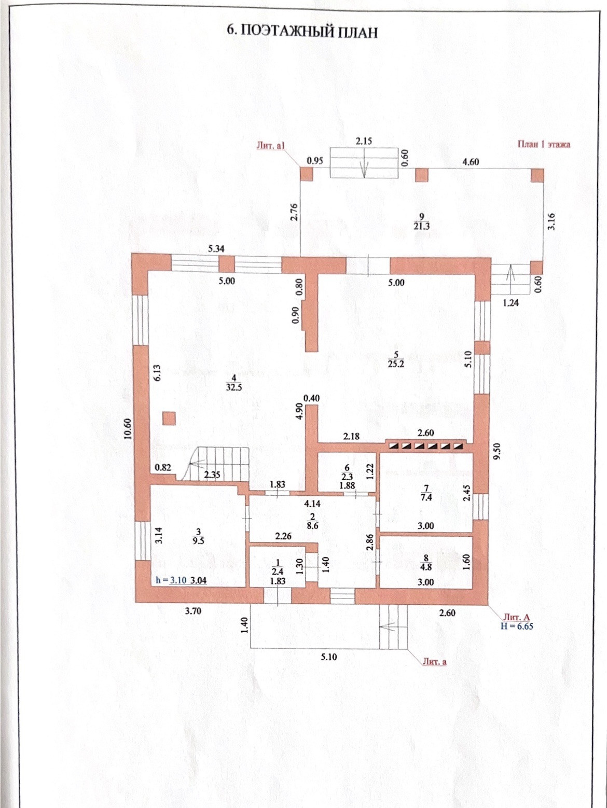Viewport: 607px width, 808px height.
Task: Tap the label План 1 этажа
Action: [543, 145]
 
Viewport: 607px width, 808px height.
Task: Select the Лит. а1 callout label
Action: [271, 146]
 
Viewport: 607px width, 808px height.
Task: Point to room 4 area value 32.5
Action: [234, 386]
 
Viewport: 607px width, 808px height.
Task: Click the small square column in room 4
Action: [169, 418]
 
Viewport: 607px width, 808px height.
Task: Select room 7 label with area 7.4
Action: [426, 493]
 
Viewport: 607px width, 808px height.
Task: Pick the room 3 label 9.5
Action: [198, 536]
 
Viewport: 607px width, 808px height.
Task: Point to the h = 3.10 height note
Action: [171, 580]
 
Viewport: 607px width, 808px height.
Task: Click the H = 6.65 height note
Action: [517, 626]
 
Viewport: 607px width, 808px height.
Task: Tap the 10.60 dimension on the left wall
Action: [128, 428]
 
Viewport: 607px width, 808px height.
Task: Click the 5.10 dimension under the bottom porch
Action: [328, 657]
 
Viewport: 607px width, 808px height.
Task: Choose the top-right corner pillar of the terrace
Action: [537, 175]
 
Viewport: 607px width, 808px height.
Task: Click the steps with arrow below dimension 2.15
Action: [365, 163]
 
